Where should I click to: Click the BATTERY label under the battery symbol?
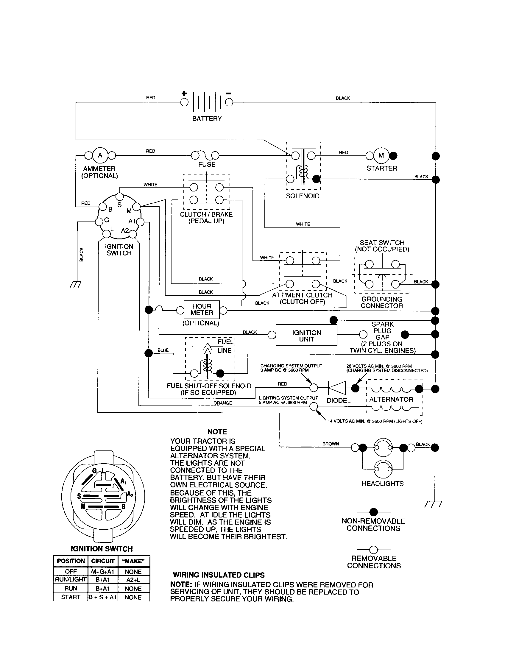207,118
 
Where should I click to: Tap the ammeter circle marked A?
100,155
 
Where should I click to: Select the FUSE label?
207,164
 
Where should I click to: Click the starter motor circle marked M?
381,155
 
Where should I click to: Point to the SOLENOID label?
302,196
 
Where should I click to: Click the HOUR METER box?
202,310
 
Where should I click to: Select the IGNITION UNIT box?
306,336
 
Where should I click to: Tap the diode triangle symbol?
337,388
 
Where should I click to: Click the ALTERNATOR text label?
391,400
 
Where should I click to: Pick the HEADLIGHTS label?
382,484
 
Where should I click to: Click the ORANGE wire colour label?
222,403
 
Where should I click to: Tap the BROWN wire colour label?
331,444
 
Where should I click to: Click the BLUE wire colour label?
163,350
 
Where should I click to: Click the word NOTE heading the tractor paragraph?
217,432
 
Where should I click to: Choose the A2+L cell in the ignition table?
133,579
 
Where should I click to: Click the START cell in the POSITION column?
71,597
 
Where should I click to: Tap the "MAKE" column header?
133,561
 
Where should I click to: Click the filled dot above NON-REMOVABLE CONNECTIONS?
373,512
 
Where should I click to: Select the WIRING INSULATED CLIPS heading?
219,575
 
